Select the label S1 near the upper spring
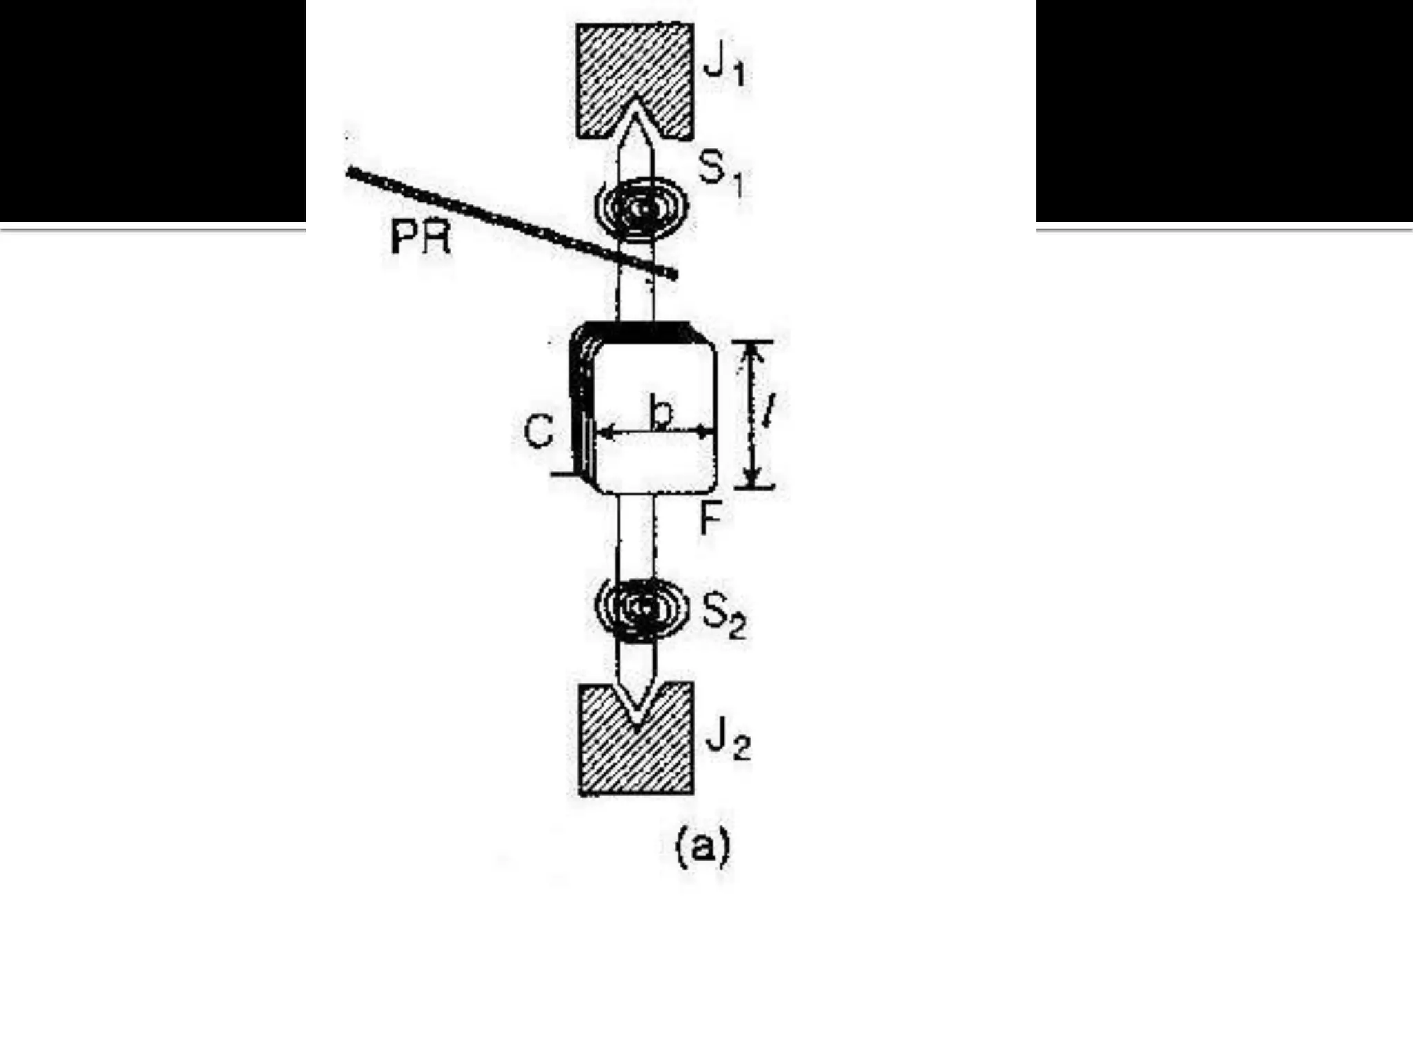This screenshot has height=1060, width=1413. [720, 173]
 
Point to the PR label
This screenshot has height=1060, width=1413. [420, 238]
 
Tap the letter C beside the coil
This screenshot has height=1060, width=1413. [538, 432]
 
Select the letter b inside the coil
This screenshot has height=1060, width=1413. [661, 412]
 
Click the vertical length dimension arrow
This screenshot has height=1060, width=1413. [753, 414]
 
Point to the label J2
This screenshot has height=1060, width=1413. [727, 743]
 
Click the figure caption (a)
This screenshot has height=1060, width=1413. [702, 847]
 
